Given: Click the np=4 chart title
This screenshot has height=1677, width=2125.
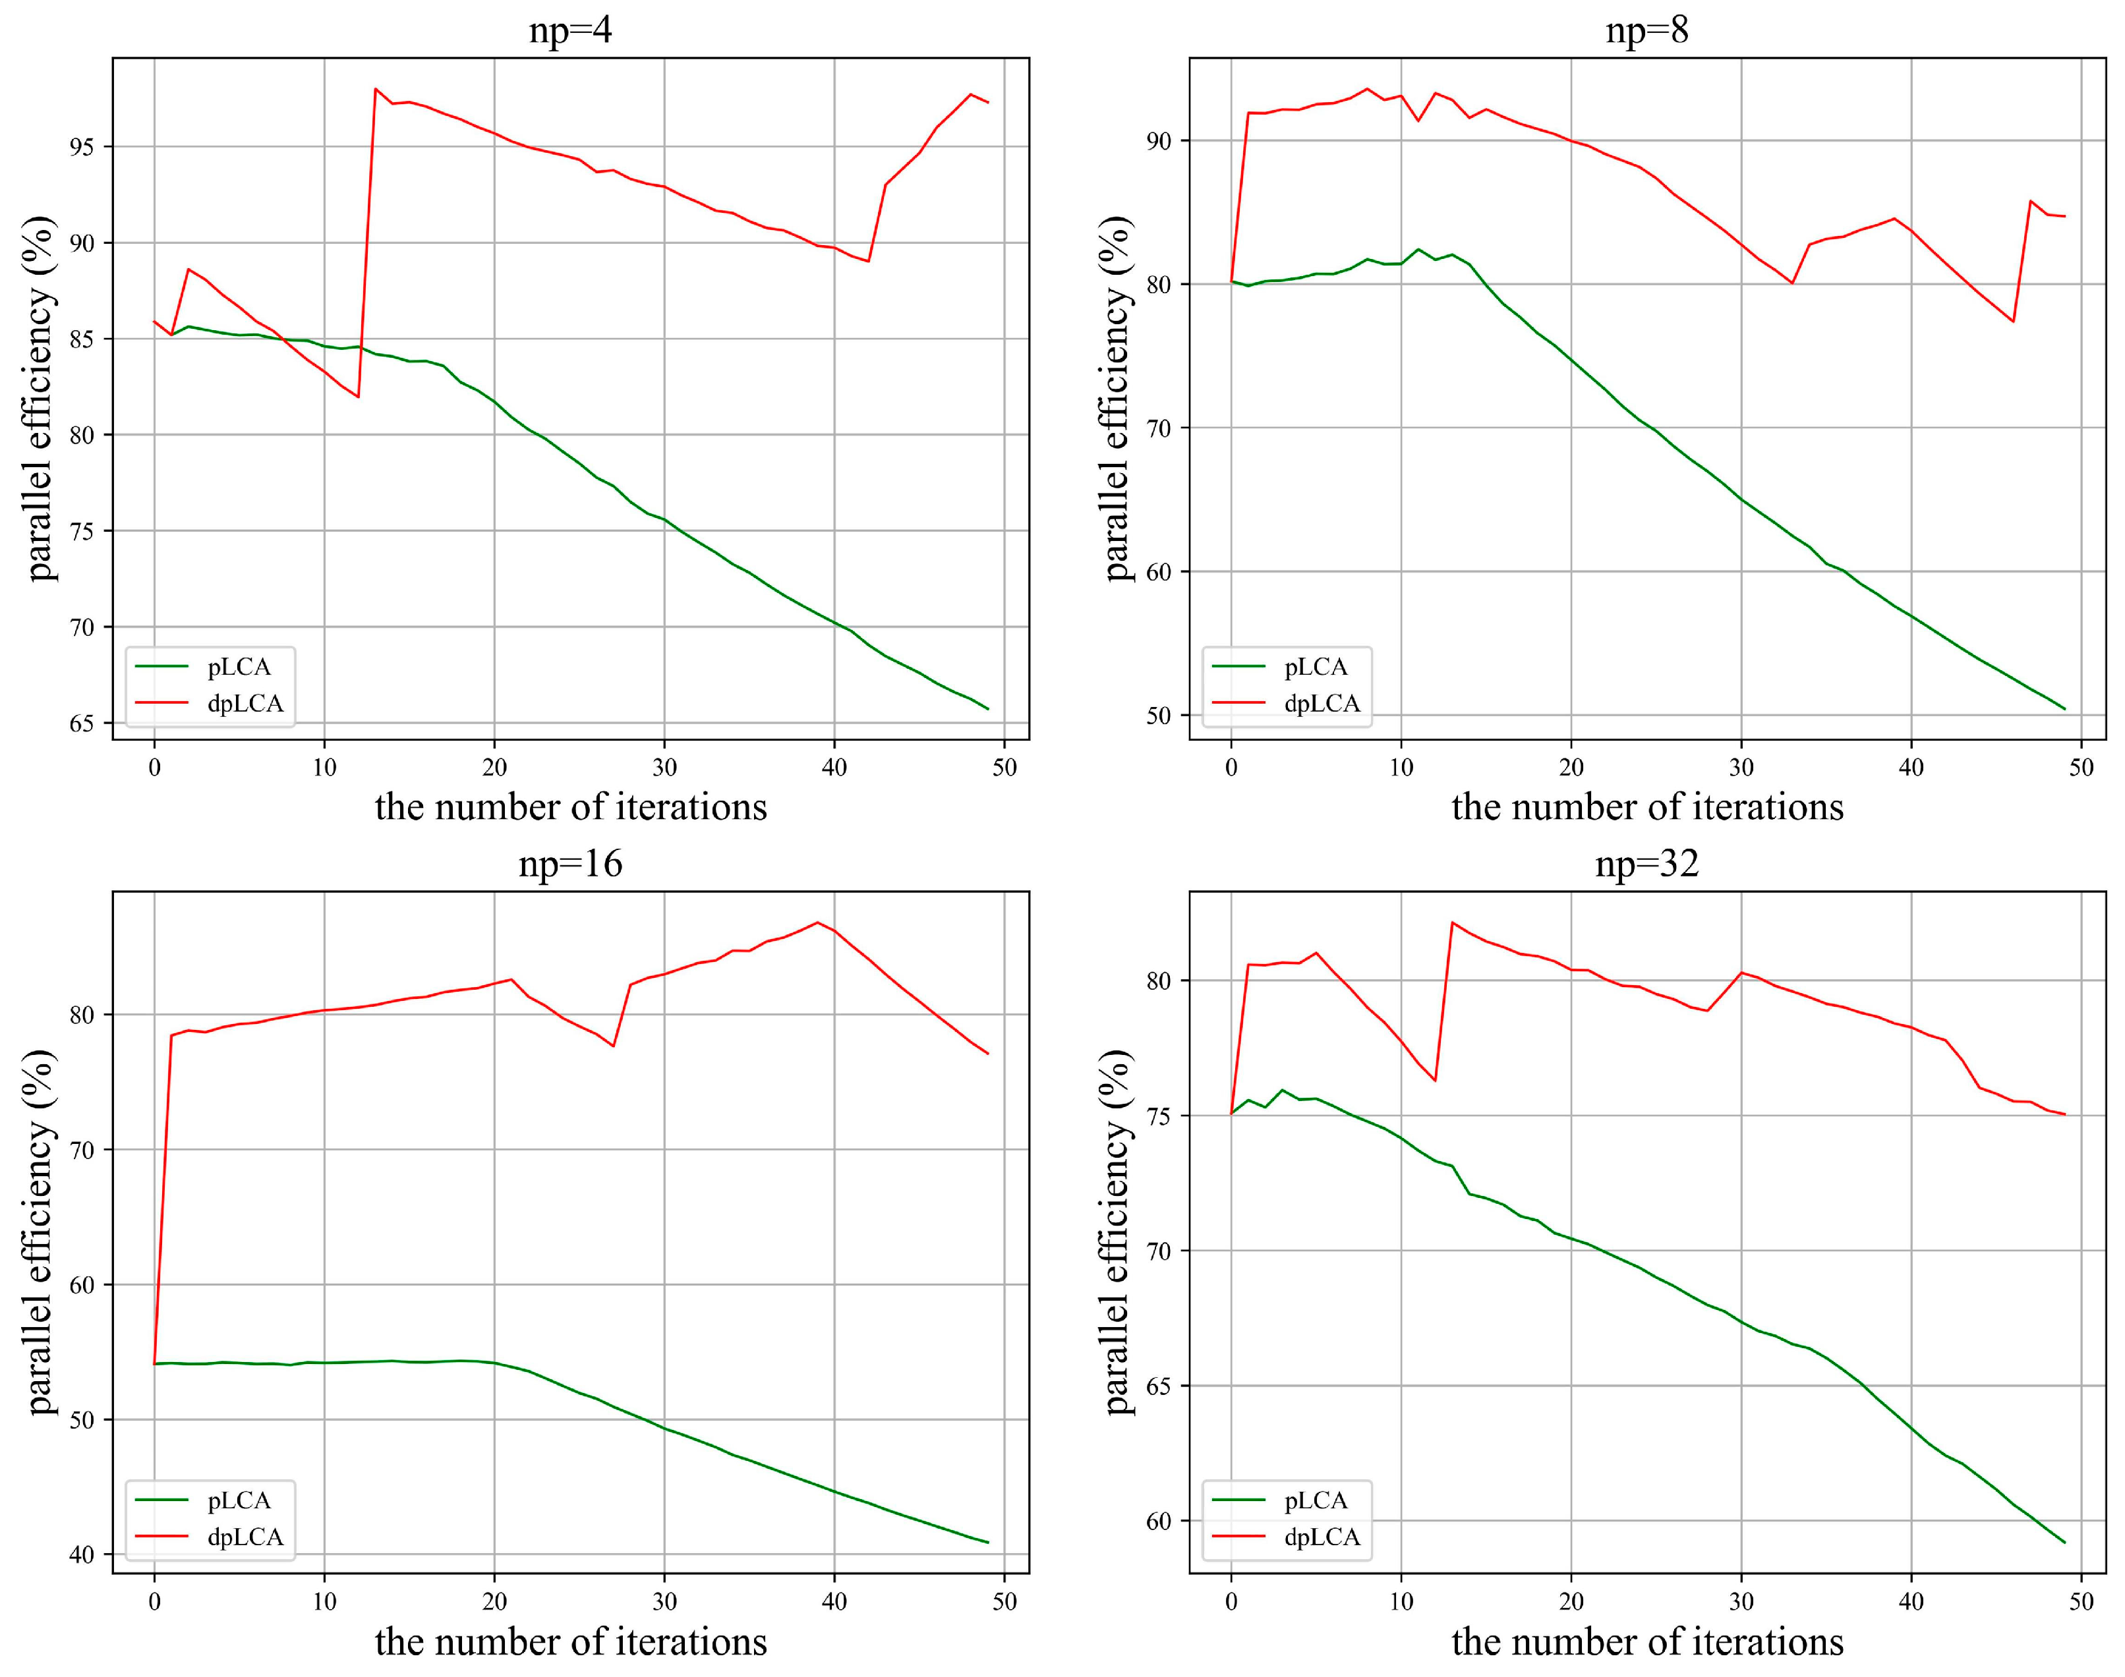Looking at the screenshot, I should tap(571, 30).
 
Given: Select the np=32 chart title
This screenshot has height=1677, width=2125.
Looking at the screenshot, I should tap(1646, 864).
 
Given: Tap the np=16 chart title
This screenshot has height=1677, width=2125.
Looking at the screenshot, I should tap(571, 864).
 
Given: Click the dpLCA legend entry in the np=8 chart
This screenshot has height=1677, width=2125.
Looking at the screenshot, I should tap(1322, 703).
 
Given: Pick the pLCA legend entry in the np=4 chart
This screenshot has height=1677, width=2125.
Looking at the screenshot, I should tap(239, 667).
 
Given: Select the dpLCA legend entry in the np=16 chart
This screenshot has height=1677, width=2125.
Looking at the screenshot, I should tap(245, 1537).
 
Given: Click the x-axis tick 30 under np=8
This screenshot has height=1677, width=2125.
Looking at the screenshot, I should tap(1741, 768).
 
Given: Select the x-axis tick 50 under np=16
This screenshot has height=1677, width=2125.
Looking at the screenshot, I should tap(1004, 1601).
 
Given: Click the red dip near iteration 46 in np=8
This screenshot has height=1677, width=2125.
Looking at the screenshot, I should tap(2013, 321).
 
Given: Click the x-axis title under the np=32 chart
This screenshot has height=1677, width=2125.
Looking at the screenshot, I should tap(1646, 1641).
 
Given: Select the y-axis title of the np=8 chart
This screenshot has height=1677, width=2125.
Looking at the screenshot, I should tap(1117, 397).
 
